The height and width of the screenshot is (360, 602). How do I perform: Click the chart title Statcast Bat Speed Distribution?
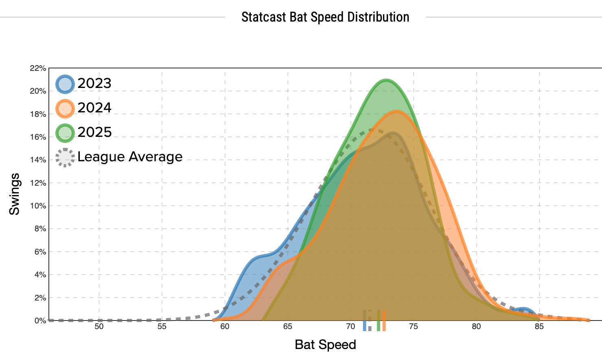(325, 17)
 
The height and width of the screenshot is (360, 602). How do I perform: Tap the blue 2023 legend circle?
(65, 84)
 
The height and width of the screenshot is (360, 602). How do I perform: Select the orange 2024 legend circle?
(65, 108)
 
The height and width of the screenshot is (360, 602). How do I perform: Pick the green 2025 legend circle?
(65, 133)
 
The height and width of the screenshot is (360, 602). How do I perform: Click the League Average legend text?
(130, 157)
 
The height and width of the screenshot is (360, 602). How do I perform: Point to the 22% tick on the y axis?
(38, 68)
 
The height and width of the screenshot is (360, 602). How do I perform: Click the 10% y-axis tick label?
(38, 206)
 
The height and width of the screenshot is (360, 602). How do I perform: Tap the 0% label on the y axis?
(40, 321)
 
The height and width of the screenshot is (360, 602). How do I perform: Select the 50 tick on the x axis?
(99, 327)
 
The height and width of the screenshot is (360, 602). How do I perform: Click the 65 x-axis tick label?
(288, 327)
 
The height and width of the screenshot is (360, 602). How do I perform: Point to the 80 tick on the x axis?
(476, 327)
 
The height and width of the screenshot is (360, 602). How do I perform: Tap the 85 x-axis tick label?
(539, 327)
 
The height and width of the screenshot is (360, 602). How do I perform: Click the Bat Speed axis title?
(325, 345)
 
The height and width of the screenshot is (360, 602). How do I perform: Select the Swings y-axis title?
(15, 194)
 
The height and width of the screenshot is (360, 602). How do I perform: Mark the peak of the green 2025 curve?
(385, 80)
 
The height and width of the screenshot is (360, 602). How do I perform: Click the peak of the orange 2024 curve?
(396, 111)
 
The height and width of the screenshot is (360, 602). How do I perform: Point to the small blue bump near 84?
(523, 310)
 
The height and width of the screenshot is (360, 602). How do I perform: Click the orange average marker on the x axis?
(384, 320)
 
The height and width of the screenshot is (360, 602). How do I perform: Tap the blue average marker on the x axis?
(365, 320)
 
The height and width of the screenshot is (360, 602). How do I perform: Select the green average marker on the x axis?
(379, 320)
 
